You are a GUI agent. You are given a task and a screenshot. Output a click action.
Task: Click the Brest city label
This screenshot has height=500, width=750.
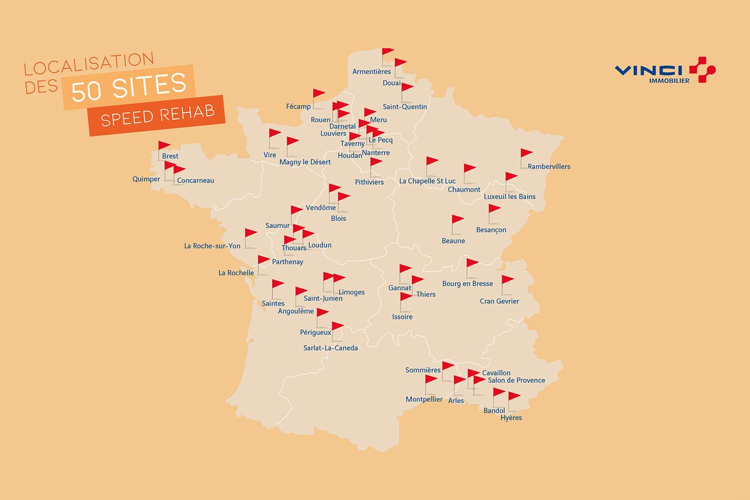170,157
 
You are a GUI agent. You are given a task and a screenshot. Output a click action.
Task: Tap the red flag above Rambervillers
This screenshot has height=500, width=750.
526,154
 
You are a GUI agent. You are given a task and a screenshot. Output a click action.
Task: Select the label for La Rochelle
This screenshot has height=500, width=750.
236,273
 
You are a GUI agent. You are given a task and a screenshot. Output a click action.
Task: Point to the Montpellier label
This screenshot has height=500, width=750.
424,399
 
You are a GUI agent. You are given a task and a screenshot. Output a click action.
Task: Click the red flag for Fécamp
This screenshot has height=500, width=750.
318,94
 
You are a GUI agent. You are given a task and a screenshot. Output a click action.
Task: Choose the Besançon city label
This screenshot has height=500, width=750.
491,230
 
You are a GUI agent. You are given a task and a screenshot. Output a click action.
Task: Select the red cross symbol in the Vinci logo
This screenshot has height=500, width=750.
702,70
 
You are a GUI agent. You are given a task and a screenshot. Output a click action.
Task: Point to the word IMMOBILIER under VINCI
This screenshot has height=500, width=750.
669,81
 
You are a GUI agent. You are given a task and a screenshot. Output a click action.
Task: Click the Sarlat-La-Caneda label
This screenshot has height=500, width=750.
330,348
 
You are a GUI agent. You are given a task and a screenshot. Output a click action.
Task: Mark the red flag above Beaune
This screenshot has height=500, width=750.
458,220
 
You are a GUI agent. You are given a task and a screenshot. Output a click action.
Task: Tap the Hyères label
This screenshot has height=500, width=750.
511,418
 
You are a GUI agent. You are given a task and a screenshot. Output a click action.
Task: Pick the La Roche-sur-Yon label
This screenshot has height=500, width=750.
212,246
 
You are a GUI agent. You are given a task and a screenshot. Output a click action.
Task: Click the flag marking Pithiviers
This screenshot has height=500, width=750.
376,162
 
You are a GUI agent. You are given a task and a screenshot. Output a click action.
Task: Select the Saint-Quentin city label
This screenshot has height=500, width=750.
405,107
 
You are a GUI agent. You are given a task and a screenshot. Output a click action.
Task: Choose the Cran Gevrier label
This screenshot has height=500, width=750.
499,301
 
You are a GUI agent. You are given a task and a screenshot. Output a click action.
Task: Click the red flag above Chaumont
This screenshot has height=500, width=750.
469,168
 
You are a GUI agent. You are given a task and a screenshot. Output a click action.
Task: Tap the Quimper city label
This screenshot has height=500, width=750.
146,179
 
